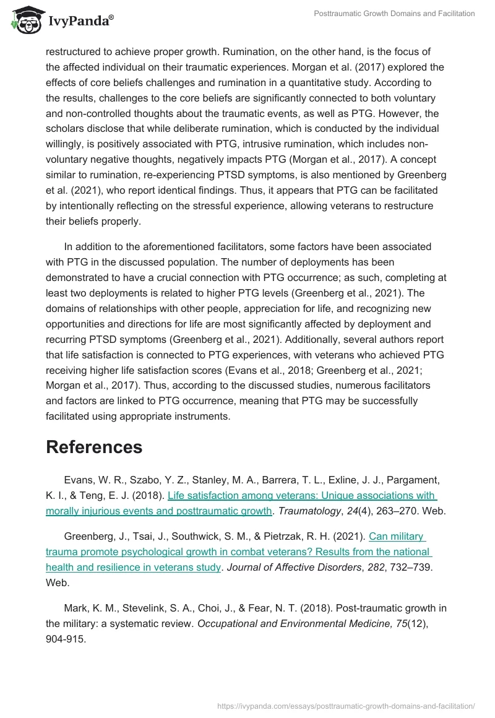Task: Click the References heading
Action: click(x=94, y=447)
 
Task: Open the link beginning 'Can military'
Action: click(x=397, y=536)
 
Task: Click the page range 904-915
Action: click(x=66, y=639)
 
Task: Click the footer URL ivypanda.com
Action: click(x=346, y=706)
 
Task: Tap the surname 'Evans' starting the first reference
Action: click(x=78, y=480)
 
